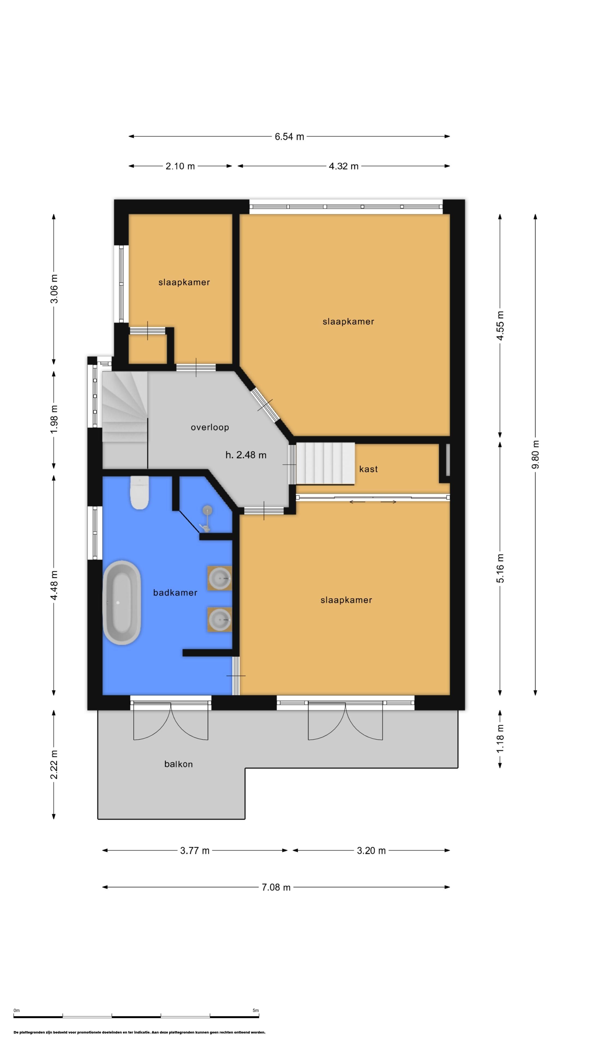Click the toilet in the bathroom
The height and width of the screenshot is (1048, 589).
tap(139, 493)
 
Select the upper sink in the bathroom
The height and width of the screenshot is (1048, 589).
tap(220, 578)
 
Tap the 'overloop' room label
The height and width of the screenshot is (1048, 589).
tap(210, 427)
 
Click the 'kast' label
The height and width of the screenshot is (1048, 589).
tap(368, 469)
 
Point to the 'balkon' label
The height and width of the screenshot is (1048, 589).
tap(178, 764)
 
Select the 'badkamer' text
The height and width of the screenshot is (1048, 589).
tap(175, 593)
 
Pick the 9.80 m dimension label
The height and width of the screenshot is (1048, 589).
tap(535, 454)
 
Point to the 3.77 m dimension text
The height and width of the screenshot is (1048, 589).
tap(195, 851)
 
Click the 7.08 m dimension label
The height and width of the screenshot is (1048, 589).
tap(276, 887)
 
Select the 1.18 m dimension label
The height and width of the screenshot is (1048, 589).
tap(500, 738)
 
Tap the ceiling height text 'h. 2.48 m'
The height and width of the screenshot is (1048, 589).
tap(246, 455)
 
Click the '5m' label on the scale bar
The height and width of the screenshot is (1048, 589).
tap(256, 1010)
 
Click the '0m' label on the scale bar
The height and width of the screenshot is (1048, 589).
tap(17, 1010)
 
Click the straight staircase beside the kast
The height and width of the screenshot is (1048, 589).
tap(325, 463)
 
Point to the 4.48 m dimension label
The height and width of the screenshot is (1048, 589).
tap(54, 585)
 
